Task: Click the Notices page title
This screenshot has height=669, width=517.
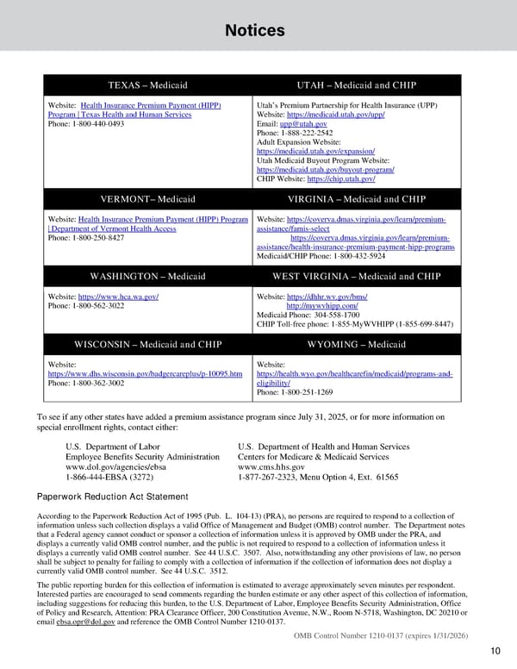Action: coord(254,31)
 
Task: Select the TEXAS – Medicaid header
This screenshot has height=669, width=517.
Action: coord(147,85)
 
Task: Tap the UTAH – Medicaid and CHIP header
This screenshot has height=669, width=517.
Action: coord(356,85)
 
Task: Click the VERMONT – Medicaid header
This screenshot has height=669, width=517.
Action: coord(147,199)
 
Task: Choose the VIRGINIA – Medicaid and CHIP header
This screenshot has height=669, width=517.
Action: coord(356,199)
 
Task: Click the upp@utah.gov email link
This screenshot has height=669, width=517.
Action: coord(303,124)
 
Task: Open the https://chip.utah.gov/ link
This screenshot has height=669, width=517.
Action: coord(340,178)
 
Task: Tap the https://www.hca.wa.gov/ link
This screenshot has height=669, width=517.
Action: coord(118,296)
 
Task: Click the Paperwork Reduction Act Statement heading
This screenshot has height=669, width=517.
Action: coord(112,497)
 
